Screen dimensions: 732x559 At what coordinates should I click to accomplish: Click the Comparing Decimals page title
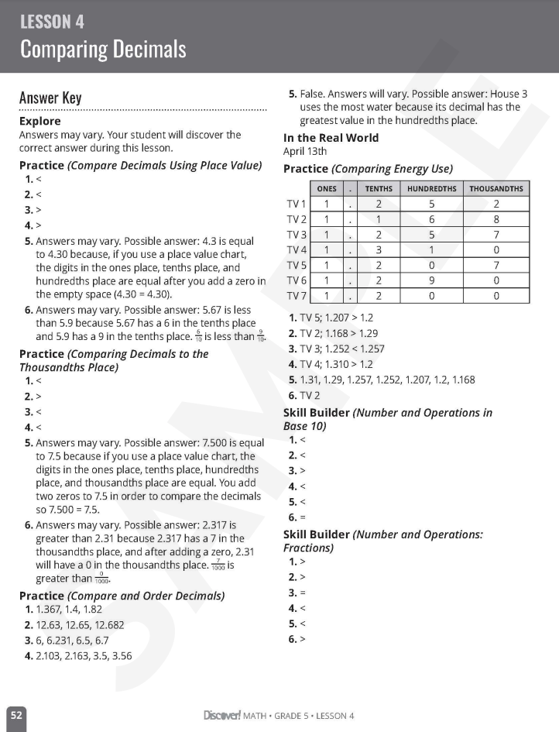point(103,50)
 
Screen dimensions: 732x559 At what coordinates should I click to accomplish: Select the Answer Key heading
point(50,98)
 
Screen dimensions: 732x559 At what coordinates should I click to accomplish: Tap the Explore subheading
point(39,121)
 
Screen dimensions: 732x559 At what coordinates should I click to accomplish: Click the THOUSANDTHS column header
point(496,189)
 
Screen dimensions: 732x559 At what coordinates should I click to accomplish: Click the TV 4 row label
point(297,249)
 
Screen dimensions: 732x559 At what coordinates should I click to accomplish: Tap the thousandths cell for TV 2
point(496,219)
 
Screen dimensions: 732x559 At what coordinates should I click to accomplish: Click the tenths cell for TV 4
point(379,249)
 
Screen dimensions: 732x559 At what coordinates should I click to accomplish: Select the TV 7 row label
point(297,295)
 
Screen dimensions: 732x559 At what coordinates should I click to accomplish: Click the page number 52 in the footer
point(16,716)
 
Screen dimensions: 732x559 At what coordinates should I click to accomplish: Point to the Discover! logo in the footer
point(221,715)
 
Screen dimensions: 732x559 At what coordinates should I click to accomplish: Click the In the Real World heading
point(331,138)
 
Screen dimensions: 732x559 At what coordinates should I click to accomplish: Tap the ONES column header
point(327,189)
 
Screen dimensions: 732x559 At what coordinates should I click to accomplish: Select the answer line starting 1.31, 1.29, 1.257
point(387,380)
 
